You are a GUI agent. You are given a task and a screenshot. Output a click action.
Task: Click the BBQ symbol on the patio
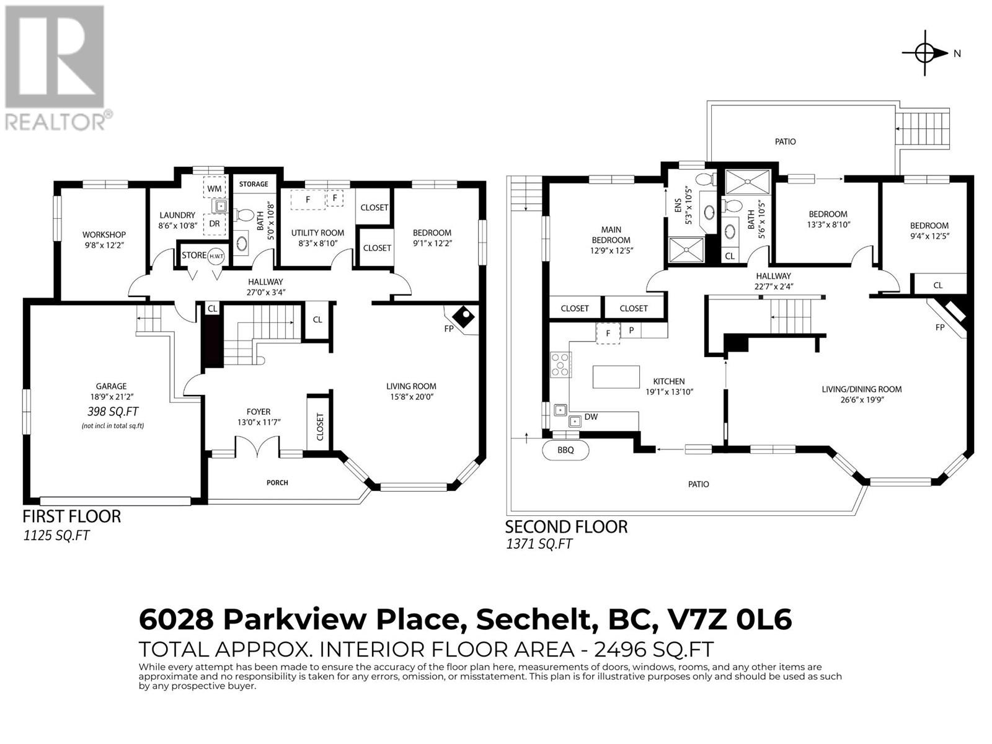565,450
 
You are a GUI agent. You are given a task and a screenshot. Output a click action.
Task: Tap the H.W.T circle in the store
216,256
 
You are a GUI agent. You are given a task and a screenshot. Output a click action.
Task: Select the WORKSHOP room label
104,234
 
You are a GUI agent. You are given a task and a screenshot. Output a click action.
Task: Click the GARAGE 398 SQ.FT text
113,412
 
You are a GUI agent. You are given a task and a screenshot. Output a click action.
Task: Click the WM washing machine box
215,187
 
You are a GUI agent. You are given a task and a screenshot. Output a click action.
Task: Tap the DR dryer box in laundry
215,224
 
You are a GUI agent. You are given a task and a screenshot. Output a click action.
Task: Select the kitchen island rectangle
616,377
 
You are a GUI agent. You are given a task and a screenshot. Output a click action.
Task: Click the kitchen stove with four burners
560,365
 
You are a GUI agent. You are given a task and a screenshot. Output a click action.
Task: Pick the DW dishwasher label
591,417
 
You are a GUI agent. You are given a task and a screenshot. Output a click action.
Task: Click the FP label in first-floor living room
449,329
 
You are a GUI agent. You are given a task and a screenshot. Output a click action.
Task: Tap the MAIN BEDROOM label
611,235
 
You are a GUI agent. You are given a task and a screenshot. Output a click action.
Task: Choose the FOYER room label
259,412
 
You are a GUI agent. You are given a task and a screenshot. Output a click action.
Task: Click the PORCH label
277,483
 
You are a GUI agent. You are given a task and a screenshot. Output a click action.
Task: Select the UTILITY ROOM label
317,232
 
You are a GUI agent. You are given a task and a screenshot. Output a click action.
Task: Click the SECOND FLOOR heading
566,527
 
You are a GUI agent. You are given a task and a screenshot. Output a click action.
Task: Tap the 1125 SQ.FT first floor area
56,536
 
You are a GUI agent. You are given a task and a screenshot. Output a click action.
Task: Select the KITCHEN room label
669,381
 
